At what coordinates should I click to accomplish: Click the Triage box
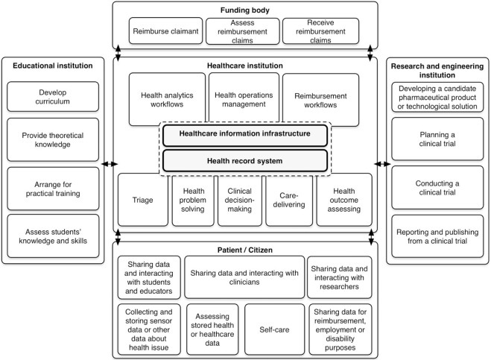coord(143,200)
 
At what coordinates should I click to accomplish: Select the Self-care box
coord(274,329)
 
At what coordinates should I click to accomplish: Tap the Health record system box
coord(245,161)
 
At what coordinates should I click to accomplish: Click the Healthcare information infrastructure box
coord(245,136)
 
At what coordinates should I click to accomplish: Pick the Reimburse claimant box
coord(165,31)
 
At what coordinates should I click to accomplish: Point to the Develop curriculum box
coord(53,96)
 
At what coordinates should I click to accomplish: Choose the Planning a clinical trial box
coord(437,139)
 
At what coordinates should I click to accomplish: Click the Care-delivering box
coord(289,200)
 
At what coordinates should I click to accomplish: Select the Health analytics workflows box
coord(167,99)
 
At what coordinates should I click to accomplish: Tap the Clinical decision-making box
coord(240,200)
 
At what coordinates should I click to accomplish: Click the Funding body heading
coord(245,10)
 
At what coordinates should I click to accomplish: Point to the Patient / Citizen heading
coord(245,250)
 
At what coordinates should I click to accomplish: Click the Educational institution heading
coord(53,66)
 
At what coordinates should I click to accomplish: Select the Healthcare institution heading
coord(245,66)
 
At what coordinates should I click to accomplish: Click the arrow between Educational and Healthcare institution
coord(110,164)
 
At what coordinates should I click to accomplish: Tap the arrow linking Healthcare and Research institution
coord(382,164)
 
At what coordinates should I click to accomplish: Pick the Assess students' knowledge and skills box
coord(53,236)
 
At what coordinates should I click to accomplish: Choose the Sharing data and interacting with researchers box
coord(340,277)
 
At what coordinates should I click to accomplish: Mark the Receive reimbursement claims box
coord(320,31)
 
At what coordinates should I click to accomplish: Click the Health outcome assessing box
coord(344,200)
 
